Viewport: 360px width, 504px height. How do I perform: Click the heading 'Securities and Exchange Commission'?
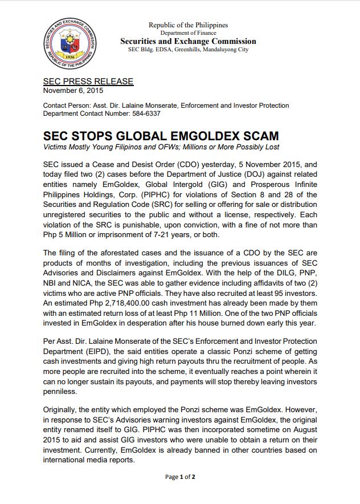[x=188, y=42]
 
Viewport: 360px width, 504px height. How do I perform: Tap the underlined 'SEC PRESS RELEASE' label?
[x=88, y=82]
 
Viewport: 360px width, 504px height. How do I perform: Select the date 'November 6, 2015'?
[x=73, y=90]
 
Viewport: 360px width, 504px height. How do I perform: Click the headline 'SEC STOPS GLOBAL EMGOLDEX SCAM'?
[x=161, y=136]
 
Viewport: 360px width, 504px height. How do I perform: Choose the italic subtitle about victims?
[x=161, y=147]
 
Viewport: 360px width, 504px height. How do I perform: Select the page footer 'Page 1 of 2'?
[x=180, y=477]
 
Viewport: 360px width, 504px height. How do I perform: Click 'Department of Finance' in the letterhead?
[x=188, y=33]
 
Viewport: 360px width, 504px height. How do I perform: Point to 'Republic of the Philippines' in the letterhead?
[x=188, y=25]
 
